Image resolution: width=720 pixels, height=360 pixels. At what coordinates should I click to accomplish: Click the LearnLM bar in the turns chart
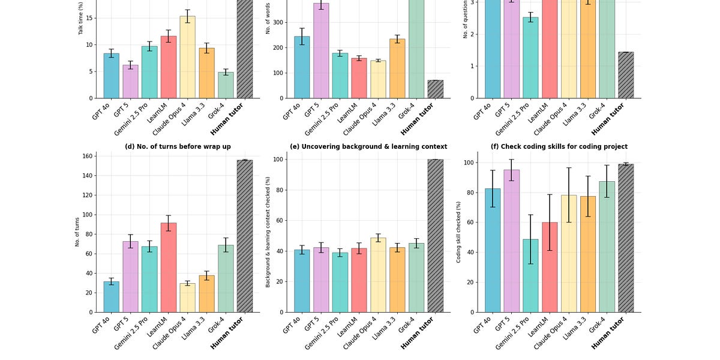tap(169, 268)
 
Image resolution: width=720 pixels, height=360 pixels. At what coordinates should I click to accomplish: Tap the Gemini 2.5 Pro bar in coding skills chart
tap(531, 275)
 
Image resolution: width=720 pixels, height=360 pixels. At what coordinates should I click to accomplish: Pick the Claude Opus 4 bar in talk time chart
tap(187, 57)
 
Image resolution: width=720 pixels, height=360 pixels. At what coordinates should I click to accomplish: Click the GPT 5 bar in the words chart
tap(321, 50)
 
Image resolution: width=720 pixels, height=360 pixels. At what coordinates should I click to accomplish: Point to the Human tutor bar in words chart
tap(436, 89)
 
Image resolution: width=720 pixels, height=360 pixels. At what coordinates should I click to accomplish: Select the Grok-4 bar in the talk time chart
tap(226, 85)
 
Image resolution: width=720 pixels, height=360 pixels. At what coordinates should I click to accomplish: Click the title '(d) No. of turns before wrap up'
tap(178, 146)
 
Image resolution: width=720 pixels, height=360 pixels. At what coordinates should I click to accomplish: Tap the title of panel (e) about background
tap(368, 146)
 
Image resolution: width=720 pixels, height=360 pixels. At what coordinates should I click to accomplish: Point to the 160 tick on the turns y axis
tap(86, 156)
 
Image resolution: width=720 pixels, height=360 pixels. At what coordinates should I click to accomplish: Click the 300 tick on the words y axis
tap(277, 23)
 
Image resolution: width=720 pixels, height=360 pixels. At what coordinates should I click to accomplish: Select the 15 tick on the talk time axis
tap(88, 18)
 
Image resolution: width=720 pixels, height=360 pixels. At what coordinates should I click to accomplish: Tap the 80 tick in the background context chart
tap(278, 190)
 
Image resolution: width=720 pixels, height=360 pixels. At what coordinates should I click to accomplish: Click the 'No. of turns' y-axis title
tap(77, 232)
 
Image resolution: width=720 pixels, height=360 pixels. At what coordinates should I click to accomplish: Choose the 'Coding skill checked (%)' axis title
tap(459, 232)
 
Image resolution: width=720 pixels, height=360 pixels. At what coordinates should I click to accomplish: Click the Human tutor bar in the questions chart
tap(626, 75)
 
